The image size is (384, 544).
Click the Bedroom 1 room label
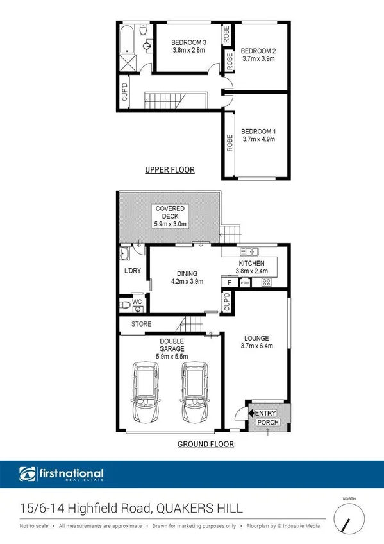pos(258,130)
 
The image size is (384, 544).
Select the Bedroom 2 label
pos(258,51)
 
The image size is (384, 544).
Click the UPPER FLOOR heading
pos(170,170)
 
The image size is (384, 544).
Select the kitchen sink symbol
pos(249,251)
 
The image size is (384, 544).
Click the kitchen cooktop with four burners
pos(265,282)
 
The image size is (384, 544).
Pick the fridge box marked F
pos(229,282)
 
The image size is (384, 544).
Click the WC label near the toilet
pos(137,302)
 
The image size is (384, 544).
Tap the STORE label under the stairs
pos(141,325)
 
